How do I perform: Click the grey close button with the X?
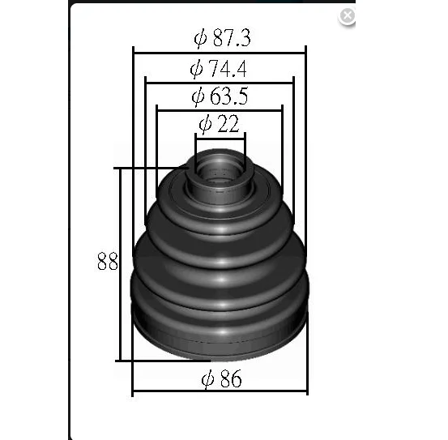347,15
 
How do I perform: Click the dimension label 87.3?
232,38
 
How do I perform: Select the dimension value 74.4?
228,69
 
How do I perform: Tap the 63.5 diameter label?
228,96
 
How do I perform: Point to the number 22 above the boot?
228,124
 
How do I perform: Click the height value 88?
108,262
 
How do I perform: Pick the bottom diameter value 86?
231,378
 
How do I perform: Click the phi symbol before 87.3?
200,38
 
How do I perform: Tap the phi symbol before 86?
207,379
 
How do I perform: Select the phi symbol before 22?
205,124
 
